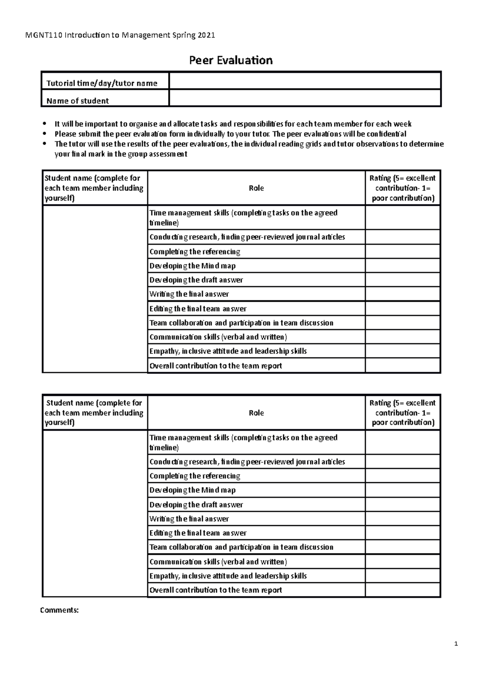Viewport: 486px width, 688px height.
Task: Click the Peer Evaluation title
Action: pos(231,60)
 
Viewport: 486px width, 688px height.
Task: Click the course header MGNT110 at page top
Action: pos(120,35)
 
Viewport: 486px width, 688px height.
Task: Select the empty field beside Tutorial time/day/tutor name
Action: pos(305,81)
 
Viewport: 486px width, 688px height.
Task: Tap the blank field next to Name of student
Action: pos(305,98)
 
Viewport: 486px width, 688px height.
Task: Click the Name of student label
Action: pos(77,101)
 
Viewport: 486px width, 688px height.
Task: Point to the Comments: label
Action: pos(59,610)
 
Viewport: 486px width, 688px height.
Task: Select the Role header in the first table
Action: pos(256,188)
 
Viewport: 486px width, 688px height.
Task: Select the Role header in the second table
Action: pos(256,413)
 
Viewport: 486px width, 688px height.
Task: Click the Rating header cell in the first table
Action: pos(403,188)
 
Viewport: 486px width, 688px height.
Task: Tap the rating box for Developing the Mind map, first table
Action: pos(403,266)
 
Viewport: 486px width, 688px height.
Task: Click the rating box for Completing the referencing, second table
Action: pos(403,476)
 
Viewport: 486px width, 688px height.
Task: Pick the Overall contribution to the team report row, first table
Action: pos(215,366)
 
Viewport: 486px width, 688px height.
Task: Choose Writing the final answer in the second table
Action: pos(189,519)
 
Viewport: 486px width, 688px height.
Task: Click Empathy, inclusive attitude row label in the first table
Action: pos(228,351)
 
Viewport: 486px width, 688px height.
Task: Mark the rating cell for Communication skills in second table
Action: pos(403,562)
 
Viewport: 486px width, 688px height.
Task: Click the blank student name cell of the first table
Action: pos(95,288)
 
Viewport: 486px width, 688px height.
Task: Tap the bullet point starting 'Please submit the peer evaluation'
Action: pos(230,134)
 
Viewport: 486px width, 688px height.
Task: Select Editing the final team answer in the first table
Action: pos(198,309)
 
